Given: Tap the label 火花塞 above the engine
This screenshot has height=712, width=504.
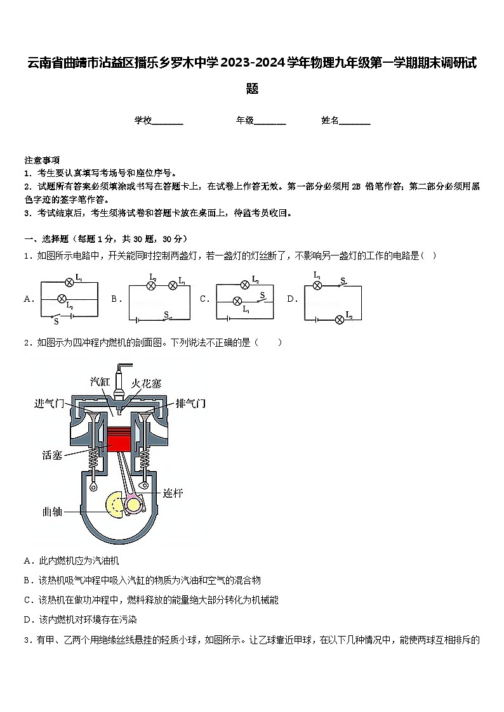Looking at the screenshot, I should pos(147,384).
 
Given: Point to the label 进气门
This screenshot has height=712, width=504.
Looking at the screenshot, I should pos(50,403).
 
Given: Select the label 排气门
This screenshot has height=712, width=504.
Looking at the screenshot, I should pos(190,403).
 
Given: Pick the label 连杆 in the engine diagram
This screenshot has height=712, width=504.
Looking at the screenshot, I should pos(173,493).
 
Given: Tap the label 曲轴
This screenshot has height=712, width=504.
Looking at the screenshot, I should pos(52,510).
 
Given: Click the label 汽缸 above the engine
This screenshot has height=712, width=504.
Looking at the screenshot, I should pos(101,381).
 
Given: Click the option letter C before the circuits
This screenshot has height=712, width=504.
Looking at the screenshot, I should pos(204,299).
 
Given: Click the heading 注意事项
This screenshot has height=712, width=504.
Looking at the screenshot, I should pos(42,160).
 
